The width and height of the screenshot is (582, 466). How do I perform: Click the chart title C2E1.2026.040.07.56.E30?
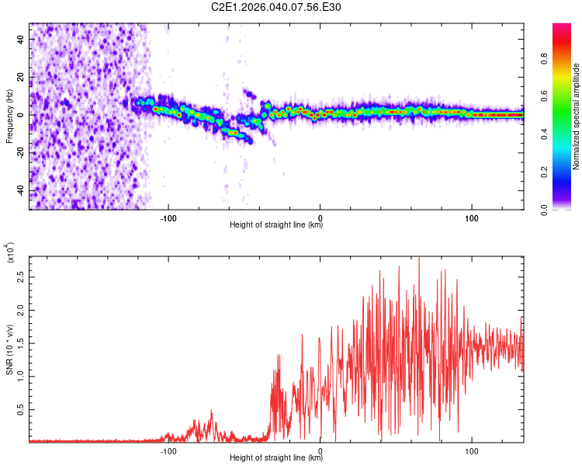tap(276, 7)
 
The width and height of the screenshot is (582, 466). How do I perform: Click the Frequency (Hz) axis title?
tap(9, 116)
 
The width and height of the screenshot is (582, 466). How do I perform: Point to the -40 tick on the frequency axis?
tap(21, 191)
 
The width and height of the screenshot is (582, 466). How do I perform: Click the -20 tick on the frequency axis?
tap(21, 153)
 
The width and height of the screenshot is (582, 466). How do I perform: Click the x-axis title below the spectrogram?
tap(276, 224)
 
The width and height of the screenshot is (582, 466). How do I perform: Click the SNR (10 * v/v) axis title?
tap(9, 349)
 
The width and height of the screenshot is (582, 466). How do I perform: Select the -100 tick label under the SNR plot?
tap(168, 450)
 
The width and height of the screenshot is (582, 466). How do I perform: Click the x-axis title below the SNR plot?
tap(276, 458)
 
